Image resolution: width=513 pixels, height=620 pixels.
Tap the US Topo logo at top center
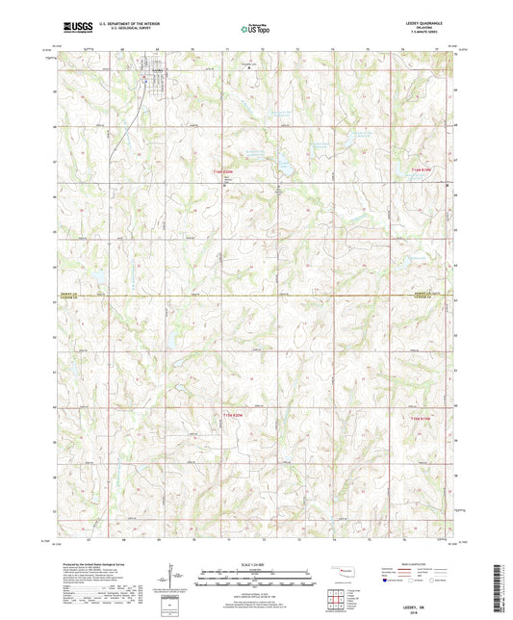coord(254,29)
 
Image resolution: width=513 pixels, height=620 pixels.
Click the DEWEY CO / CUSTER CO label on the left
coord(76,297)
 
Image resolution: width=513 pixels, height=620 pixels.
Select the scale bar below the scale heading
coord(255,580)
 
